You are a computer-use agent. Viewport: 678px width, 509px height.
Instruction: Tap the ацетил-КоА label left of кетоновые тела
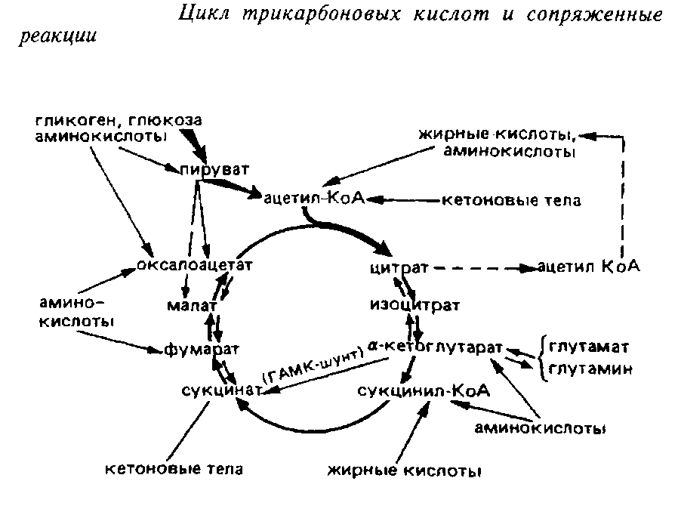pos(314,199)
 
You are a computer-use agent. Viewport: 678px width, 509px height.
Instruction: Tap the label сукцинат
pos(220,390)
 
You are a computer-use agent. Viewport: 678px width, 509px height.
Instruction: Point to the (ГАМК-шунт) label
pos(308,368)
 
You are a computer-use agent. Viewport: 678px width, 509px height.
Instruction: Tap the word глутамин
pos(589,369)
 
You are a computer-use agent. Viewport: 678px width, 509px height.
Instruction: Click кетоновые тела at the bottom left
pos(174,469)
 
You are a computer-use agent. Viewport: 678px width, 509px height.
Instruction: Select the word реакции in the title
pos(57,38)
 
